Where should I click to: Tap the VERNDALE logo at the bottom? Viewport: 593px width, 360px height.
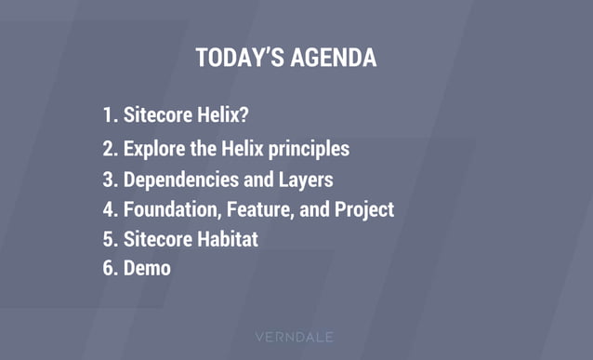click(296, 337)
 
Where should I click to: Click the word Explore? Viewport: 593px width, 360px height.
click(154, 147)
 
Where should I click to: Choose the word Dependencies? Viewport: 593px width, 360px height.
click(182, 179)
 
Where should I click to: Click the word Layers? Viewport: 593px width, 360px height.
click(306, 179)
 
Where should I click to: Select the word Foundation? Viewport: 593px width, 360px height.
click(169, 209)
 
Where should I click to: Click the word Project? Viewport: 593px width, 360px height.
click(363, 209)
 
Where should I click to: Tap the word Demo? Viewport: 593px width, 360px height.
click(147, 269)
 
